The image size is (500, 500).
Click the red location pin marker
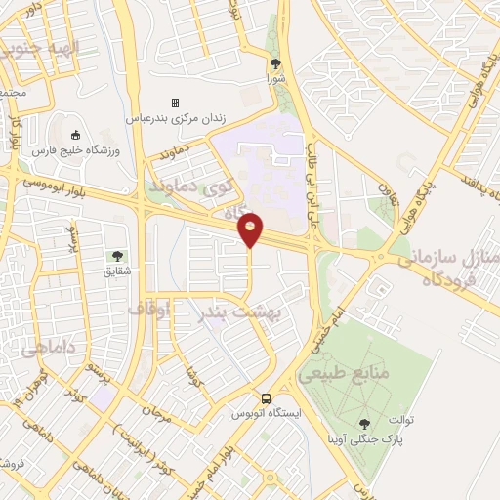pos(251,229)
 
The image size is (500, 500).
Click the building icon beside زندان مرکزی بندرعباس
pos(176,103)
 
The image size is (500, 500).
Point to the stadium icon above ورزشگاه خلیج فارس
pos(76,135)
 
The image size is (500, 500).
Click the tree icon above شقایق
pos(119,257)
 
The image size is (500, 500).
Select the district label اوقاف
pos(148,308)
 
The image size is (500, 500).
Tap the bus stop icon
pos(266,398)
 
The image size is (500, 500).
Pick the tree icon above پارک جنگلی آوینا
pos(365,423)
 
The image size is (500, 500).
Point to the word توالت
pos(403,421)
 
